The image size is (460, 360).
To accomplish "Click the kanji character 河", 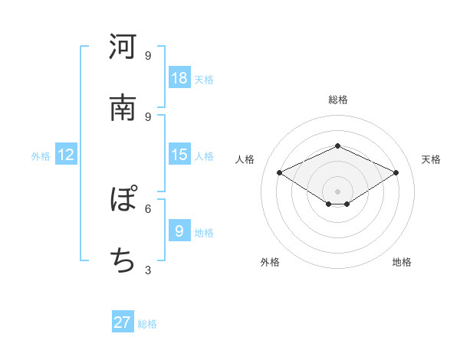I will point(123,47).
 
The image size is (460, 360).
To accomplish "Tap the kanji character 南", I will point(123,108).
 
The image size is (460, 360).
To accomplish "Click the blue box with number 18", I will point(179,77).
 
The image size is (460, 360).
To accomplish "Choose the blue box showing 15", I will point(179,155).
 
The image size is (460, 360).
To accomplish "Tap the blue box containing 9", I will point(179,231).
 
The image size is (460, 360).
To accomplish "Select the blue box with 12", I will point(66,155).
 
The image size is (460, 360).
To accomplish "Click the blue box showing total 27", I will point(123,322).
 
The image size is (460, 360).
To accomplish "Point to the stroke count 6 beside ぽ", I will point(148,208).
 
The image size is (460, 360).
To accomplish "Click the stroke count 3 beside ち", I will point(148,270).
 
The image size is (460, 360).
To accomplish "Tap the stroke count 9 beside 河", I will point(148,55).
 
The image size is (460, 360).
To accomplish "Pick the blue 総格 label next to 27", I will point(147,324).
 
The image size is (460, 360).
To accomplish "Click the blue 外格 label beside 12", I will point(41,156).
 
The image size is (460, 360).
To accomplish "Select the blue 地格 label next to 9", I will point(204,232).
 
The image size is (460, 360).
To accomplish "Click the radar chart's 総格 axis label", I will point(338,100).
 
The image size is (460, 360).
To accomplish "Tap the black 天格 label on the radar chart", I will point(431,159).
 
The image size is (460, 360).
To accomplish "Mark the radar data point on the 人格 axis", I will point(280,173).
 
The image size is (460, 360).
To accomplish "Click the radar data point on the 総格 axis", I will point(337,146).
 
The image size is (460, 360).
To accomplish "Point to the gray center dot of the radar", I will point(337,191).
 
